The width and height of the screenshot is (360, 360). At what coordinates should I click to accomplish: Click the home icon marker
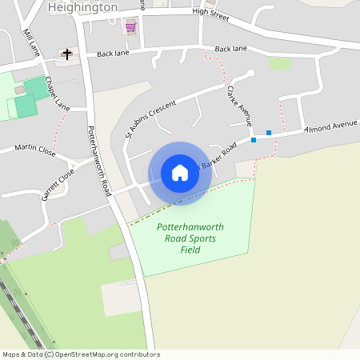(180, 173)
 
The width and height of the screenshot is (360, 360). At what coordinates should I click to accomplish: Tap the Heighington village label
(82, 7)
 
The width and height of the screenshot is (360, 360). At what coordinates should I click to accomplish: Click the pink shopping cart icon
(130, 26)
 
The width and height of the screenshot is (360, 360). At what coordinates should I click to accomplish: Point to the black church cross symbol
(66, 54)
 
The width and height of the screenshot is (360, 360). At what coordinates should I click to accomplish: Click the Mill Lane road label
(31, 43)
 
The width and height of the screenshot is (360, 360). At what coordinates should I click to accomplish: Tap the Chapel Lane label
(58, 94)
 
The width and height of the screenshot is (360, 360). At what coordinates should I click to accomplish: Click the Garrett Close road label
(58, 183)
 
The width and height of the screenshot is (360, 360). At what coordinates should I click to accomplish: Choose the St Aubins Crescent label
(150, 118)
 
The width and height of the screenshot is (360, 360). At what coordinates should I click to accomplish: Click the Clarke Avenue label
(239, 106)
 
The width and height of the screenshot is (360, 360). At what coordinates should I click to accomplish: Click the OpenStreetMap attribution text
(81, 354)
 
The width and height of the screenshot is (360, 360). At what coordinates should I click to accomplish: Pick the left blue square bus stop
(254, 140)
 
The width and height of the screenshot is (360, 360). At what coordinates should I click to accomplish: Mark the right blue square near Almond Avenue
(269, 133)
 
